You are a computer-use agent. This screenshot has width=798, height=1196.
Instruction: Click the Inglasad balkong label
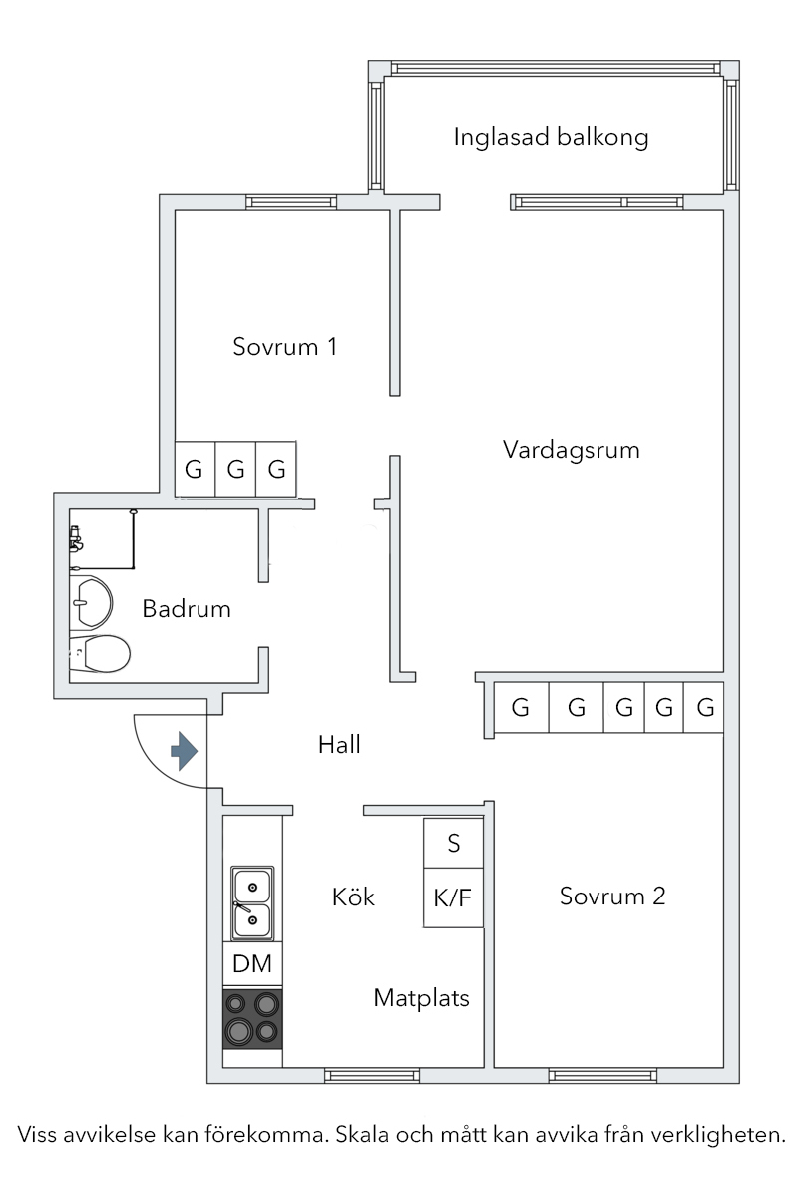(x=551, y=138)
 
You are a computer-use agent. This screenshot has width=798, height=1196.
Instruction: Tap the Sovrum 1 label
(x=284, y=347)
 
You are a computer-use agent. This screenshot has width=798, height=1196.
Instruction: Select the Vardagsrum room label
(x=571, y=450)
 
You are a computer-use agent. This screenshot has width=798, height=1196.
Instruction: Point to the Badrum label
(x=186, y=609)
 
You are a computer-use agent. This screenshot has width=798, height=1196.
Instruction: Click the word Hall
(x=339, y=744)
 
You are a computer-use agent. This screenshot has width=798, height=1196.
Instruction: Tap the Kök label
(x=353, y=897)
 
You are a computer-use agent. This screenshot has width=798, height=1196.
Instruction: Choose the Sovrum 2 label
(x=612, y=896)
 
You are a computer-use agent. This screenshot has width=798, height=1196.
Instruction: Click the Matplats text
(x=422, y=997)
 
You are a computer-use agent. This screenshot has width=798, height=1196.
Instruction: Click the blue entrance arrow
(x=184, y=751)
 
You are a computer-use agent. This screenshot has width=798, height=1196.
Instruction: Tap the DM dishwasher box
(x=252, y=964)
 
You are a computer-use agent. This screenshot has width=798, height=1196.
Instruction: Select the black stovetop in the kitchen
(x=252, y=1018)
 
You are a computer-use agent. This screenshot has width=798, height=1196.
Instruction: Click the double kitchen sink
(x=252, y=903)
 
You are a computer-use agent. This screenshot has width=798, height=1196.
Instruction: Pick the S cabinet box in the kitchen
(x=454, y=843)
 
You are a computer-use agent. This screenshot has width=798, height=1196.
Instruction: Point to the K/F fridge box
(x=454, y=897)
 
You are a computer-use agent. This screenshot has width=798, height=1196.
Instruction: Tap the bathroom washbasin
(x=91, y=603)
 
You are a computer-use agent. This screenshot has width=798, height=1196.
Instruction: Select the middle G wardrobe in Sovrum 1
(x=235, y=469)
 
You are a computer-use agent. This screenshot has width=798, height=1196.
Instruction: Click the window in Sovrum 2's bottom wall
(x=602, y=1076)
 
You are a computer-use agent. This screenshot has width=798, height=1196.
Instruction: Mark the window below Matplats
(x=372, y=1076)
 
